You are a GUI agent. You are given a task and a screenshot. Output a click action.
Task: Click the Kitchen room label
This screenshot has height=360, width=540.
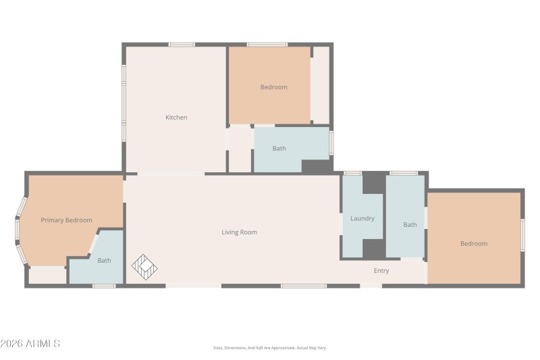[176, 118]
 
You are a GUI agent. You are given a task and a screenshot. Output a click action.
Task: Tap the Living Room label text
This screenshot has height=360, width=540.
[239, 232]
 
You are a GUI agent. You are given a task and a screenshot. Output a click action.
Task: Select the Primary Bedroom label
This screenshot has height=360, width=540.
[66, 220]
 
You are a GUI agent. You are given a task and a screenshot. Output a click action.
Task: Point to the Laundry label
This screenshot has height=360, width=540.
[362, 218]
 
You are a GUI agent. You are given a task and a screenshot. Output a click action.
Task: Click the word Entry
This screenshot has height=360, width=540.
[381, 271]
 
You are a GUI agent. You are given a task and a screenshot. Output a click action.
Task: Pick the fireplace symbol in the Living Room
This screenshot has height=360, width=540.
[144, 267]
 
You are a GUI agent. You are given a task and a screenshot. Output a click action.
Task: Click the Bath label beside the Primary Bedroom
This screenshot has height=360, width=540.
[104, 261]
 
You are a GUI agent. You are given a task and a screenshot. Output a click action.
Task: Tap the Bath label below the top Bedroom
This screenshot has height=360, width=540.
[279, 149]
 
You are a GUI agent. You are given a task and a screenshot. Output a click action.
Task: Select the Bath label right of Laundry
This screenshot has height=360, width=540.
[410, 224]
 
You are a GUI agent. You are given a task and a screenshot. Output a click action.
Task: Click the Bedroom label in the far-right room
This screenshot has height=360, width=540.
[473, 244]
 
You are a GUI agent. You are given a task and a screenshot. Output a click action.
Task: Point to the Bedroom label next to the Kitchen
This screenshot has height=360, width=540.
[273, 87]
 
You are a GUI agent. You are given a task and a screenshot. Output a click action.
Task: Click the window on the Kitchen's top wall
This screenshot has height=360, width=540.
[182, 45]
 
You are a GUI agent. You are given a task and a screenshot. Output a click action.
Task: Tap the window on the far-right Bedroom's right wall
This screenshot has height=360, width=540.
[522, 234]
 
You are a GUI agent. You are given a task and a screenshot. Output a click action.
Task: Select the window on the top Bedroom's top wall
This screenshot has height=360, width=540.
[267, 45]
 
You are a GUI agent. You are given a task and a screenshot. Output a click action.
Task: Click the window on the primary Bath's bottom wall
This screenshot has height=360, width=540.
[104, 286]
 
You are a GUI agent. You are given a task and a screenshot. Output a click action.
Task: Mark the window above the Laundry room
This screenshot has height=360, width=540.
[352, 174]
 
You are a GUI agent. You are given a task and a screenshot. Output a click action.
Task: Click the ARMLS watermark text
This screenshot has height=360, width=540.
[30, 344]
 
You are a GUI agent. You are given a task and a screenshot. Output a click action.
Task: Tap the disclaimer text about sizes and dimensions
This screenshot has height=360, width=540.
[269, 348]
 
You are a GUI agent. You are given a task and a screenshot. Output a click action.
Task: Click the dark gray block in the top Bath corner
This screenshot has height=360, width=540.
[315, 166]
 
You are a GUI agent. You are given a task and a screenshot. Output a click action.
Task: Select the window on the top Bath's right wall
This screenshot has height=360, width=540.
[331, 143]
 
